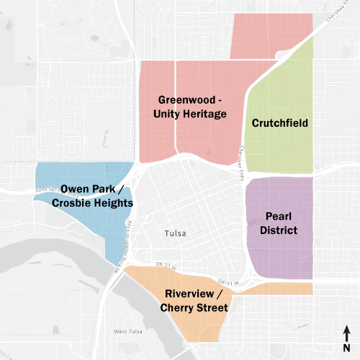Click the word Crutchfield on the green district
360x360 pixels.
click(280, 123)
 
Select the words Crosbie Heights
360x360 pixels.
click(93, 204)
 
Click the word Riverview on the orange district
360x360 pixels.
click(189, 294)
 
